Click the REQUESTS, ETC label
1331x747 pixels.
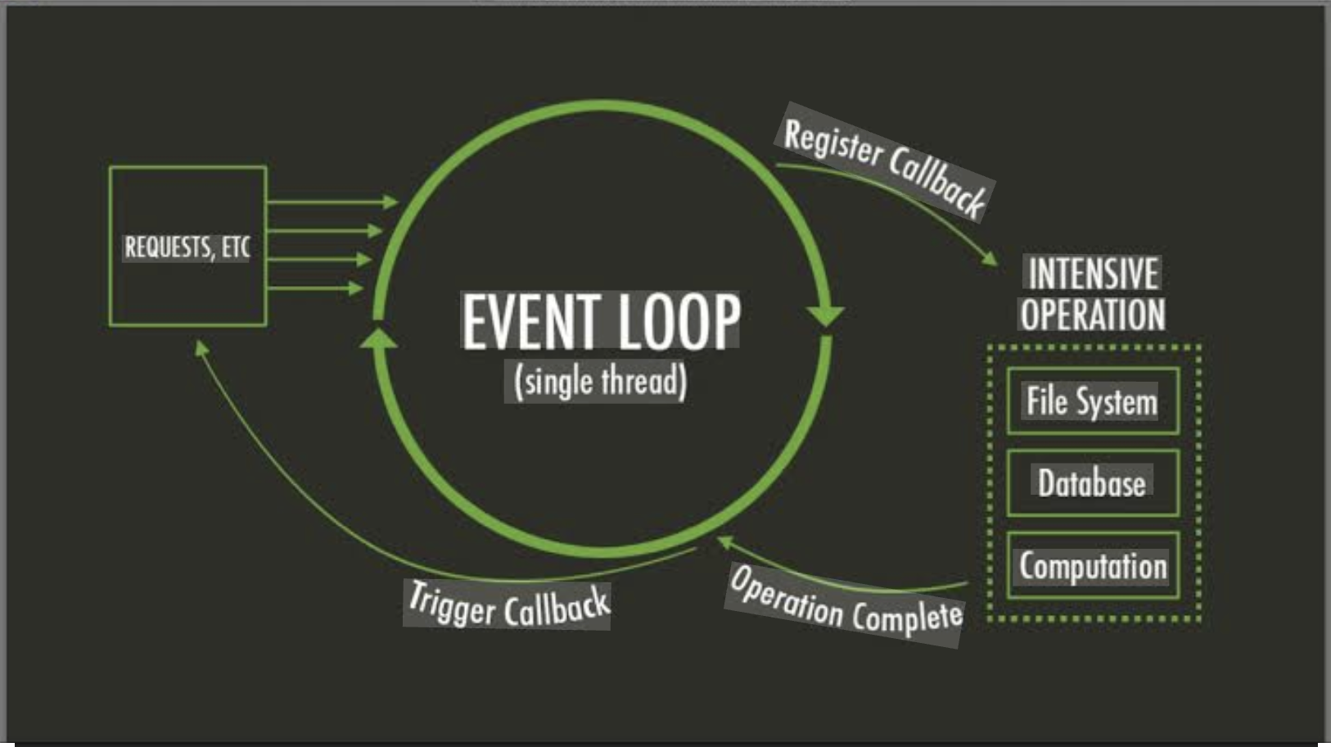click(187, 247)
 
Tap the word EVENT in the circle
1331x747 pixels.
click(530, 321)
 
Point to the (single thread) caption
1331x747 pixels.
click(600, 382)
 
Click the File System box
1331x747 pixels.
click(1092, 401)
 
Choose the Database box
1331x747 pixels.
click(1092, 482)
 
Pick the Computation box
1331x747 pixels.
click(1092, 566)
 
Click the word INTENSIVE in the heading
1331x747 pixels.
click(1093, 274)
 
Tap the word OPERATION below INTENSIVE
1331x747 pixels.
click(1093, 315)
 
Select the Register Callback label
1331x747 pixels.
click(884, 163)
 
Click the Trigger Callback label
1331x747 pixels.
click(508, 605)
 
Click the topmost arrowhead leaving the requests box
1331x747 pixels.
click(390, 201)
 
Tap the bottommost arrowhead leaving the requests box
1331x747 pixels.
click(355, 288)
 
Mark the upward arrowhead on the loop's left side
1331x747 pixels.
click(378, 337)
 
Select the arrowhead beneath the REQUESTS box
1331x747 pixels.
click(201, 348)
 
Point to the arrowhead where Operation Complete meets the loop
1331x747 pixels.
click(724, 541)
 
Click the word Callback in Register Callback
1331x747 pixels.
click(937, 183)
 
